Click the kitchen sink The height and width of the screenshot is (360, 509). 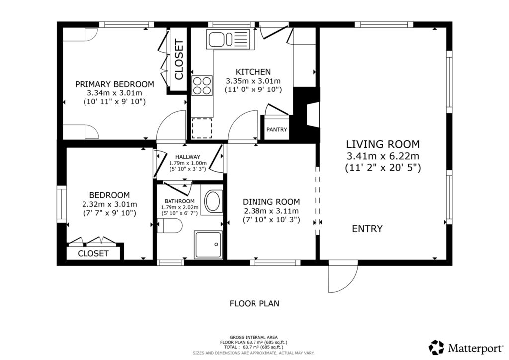(x=228, y=39)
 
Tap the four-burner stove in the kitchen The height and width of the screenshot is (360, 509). (x=202, y=86)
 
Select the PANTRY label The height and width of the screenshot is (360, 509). (x=277, y=129)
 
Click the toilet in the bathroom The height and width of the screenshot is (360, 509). (x=170, y=226)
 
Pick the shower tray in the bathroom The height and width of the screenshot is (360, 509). (x=208, y=245)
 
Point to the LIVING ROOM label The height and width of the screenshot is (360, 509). (x=383, y=144)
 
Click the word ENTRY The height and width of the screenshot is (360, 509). (x=367, y=229)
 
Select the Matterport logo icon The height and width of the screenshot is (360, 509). (x=436, y=348)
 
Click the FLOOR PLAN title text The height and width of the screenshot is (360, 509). (x=254, y=303)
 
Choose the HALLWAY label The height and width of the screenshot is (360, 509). (x=188, y=157)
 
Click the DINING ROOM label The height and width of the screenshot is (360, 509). (x=271, y=202)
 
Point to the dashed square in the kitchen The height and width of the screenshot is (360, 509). (x=202, y=128)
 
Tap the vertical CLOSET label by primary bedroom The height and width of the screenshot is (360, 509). (x=179, y=59)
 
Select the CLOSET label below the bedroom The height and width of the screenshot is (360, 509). (x=93, y=253)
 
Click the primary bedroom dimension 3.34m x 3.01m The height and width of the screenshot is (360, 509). (x=115, y=93)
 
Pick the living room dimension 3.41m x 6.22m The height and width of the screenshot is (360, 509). (x=383, y=156)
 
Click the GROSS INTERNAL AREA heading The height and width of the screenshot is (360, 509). (x=254, y=337)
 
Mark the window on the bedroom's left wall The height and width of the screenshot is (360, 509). (x=62, y=204)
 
